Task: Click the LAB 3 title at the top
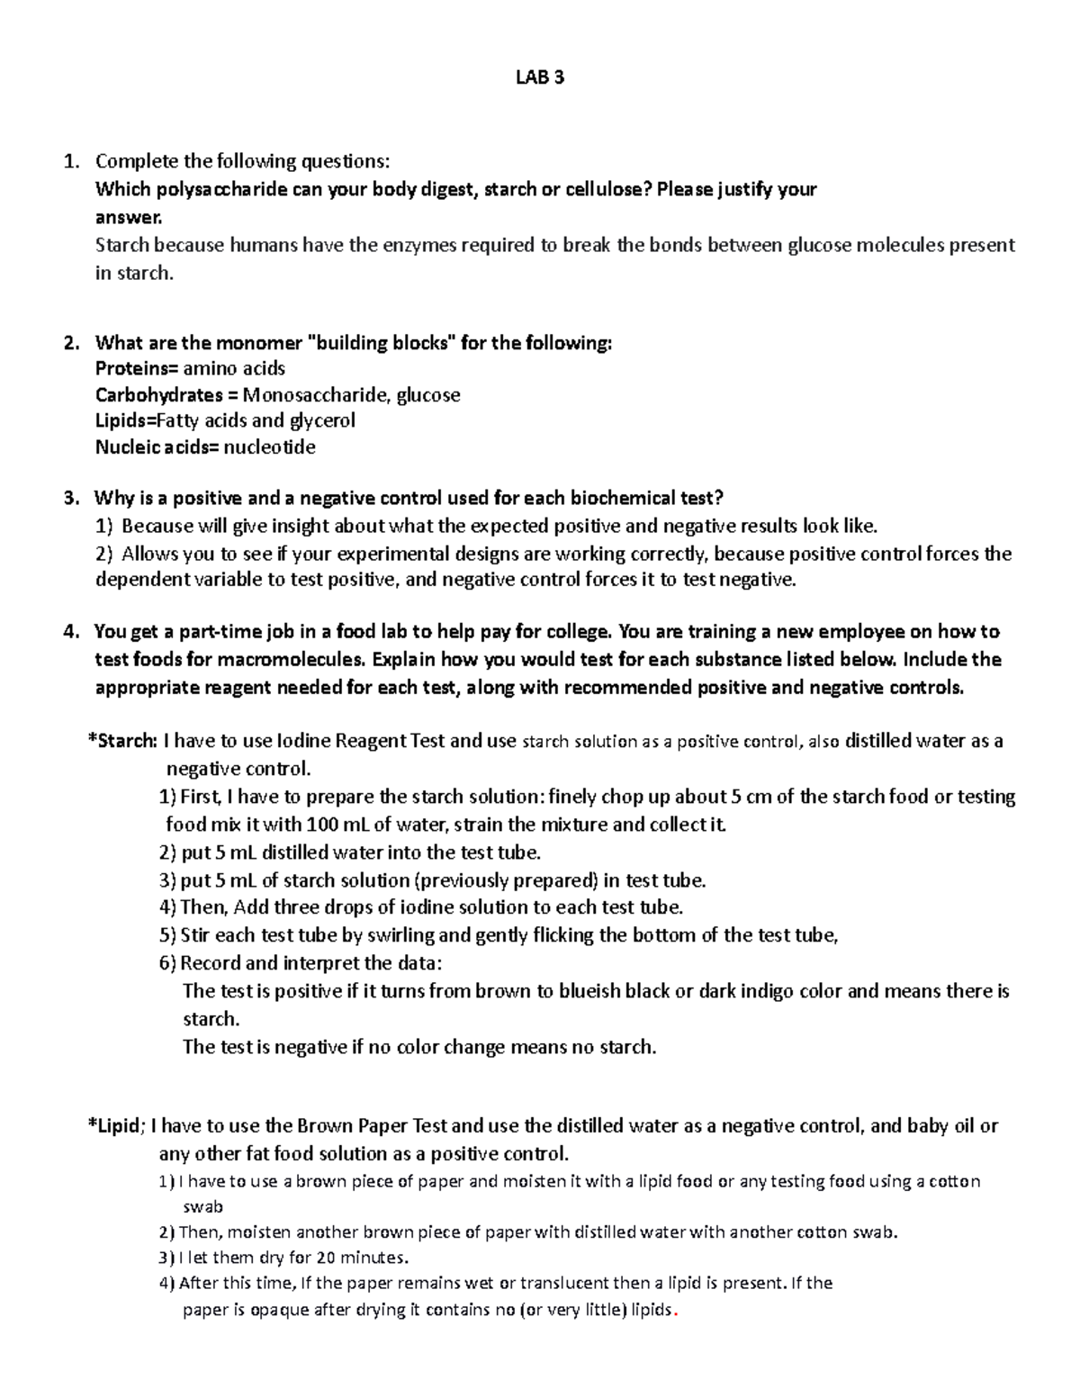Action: coord(539,77)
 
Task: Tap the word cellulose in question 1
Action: coord(606,189)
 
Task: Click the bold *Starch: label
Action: coord(121,741)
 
